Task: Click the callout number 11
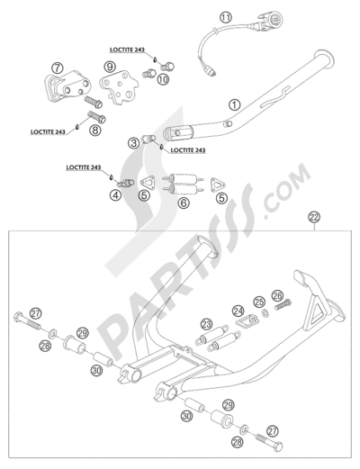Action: pos(226,17)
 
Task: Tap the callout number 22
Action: pos(315,217)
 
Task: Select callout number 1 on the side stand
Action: pos(235,104)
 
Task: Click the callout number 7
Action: pos(57,68)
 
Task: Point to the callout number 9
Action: pos(110,67)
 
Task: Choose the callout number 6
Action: pos(184,203)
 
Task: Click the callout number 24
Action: pos(238,311)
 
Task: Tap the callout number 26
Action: pos(277,296)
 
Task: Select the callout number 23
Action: pos(206,324)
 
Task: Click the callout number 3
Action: pos(133,142)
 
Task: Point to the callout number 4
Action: pos(115,195)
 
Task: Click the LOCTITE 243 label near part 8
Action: pos(48,132)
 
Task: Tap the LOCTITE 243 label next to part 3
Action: pos(188,150)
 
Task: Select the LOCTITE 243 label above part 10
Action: pos(127,50)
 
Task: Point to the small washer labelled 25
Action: pos(265,313)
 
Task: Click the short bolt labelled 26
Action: pos(283,304)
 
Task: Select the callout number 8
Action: pos(95,130)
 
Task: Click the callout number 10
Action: pos(163,79)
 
